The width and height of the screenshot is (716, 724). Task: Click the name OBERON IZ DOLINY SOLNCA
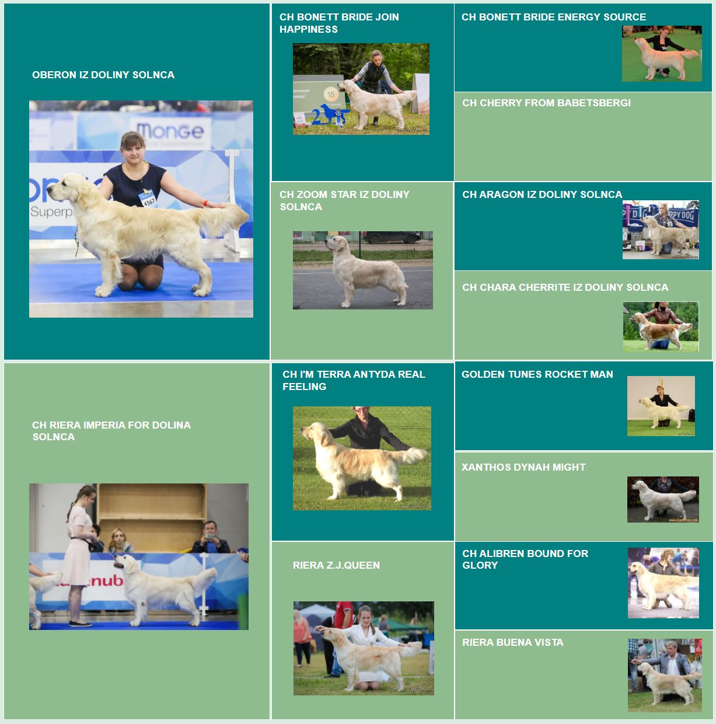(x=103, y=75)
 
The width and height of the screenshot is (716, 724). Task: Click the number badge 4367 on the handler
(x=148, y=198)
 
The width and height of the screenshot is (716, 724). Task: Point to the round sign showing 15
(x=331, y=94)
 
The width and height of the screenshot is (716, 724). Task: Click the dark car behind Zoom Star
(x=392, y=237)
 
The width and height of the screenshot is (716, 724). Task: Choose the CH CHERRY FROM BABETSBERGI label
(x=546, y=103)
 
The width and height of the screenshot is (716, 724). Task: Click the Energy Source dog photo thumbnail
(x=662, y=53)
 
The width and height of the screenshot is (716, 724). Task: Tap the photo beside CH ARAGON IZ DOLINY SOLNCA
(x=661, y=229)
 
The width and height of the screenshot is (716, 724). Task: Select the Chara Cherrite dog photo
(x=661, y=326)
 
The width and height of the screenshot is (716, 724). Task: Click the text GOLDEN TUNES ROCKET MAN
(x=537, y=374)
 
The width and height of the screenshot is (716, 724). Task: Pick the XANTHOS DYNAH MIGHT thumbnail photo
(x=663, y=499)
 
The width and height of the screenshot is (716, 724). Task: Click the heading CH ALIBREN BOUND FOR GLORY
(x=525, y=559)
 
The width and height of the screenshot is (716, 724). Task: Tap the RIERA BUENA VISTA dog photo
(x=665, y=675)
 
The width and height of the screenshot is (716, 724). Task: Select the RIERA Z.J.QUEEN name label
(x=336, y=565)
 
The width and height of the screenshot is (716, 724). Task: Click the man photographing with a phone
(x=210, y=537)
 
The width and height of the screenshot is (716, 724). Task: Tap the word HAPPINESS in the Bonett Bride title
(x=309, y=29)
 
